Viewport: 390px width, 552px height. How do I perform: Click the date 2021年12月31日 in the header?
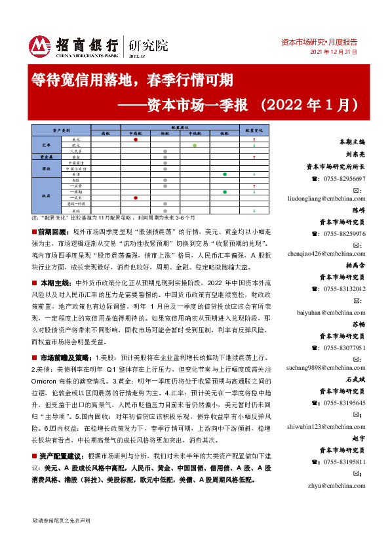click(x=334, y=52)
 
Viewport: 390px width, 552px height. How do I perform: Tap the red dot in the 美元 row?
click(x=135, y=140)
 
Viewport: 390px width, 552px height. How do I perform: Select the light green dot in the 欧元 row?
click(x=195, y=146)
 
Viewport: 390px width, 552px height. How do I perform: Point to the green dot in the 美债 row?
click(x=225, y=174)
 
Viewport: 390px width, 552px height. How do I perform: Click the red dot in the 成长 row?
click(x=135, y=197)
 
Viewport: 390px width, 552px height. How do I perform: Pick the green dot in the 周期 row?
click(x=225, y=191)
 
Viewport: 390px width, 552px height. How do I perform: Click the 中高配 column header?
click(x=135, y=132)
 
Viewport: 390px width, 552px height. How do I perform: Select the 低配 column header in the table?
click(x=225, y=132)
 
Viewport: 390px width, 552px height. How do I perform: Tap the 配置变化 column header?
click(x=253, y=130)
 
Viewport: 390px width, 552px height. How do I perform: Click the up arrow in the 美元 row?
click(x=253, y=140)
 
